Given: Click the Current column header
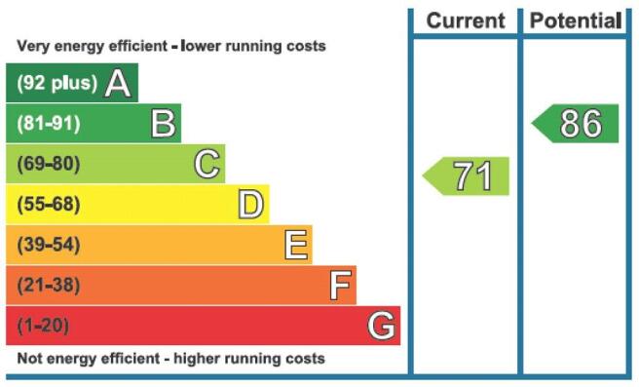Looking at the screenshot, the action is tap(466, 20).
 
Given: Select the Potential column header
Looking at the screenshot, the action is tap(576, 20).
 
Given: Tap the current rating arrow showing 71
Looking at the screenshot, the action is tap(466, 176).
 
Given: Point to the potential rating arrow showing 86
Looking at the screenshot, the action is tap(575, 124).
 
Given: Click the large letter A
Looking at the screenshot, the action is tap(118, 83).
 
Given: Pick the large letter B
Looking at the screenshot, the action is tap(164, 123).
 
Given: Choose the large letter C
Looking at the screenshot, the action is tap(207, 164).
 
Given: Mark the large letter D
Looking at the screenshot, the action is tap(251, 205).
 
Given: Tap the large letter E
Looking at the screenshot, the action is tap(296, 245).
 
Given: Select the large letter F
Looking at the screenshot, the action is tap(340, 285).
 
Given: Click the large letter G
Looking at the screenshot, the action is tap(382, 326).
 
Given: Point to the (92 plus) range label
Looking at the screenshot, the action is tap(57, 83).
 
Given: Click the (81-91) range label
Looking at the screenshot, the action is tap(49, 123).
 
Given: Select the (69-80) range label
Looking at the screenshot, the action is tap(49, 164).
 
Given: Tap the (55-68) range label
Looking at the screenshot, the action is tap(49, 204).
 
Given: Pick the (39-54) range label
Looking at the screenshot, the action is tap(49, 245).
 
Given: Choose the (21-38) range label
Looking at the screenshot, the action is tap(49, 285).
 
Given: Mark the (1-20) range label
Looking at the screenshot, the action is tap(43, 326).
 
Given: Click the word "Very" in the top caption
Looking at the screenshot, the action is tap(33, 46).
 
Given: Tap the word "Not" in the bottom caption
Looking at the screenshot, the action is tap(30, 359).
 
